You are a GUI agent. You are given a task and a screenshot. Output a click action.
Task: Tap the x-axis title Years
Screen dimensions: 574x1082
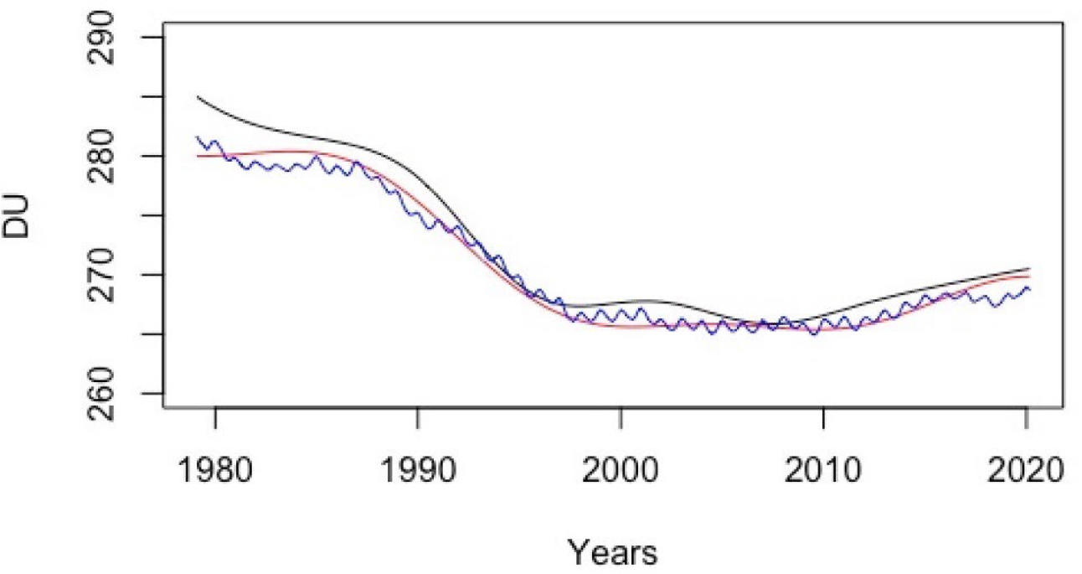613,552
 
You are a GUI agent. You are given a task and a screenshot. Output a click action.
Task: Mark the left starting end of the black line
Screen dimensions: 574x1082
197,97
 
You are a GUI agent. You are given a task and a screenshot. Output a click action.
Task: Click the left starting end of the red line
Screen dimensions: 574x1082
197,156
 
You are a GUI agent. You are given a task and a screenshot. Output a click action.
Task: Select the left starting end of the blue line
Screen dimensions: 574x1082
197,137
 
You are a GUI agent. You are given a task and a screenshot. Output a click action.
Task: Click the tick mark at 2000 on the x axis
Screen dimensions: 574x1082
620,416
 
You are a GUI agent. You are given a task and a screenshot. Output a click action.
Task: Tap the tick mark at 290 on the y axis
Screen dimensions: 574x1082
157,38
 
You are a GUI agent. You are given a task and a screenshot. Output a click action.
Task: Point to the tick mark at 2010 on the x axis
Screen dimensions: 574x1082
822,416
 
